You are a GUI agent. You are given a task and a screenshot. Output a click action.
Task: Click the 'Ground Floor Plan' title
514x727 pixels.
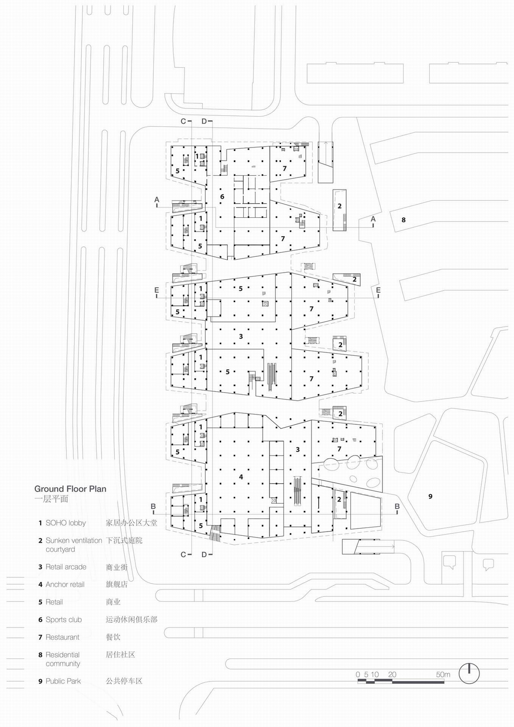70,489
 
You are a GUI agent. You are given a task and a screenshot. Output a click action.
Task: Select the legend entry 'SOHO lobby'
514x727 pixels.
66,523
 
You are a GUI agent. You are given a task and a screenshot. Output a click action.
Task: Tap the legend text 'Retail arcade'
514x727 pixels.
66,567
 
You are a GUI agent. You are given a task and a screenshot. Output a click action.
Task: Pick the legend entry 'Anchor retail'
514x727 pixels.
65,585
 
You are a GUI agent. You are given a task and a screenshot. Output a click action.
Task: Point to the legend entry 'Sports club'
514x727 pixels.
63,619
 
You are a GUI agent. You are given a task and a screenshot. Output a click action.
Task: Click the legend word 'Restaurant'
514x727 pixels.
62,637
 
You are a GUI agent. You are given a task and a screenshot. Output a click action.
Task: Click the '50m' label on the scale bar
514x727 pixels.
443,674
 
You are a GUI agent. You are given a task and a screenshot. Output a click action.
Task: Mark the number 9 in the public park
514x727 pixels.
430,496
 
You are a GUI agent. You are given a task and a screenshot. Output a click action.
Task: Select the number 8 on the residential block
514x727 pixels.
403,220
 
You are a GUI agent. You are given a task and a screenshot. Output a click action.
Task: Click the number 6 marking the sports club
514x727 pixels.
222,196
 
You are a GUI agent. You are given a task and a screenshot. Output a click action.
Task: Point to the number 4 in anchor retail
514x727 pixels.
241,477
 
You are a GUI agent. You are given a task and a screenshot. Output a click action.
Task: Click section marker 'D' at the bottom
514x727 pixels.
204,554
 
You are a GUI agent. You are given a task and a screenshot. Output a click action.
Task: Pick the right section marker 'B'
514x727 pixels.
397,506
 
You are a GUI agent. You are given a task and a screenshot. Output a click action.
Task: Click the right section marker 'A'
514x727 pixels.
373,219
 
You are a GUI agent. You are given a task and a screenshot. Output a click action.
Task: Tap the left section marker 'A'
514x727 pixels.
157,199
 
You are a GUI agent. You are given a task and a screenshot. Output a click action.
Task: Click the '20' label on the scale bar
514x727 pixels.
392,674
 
